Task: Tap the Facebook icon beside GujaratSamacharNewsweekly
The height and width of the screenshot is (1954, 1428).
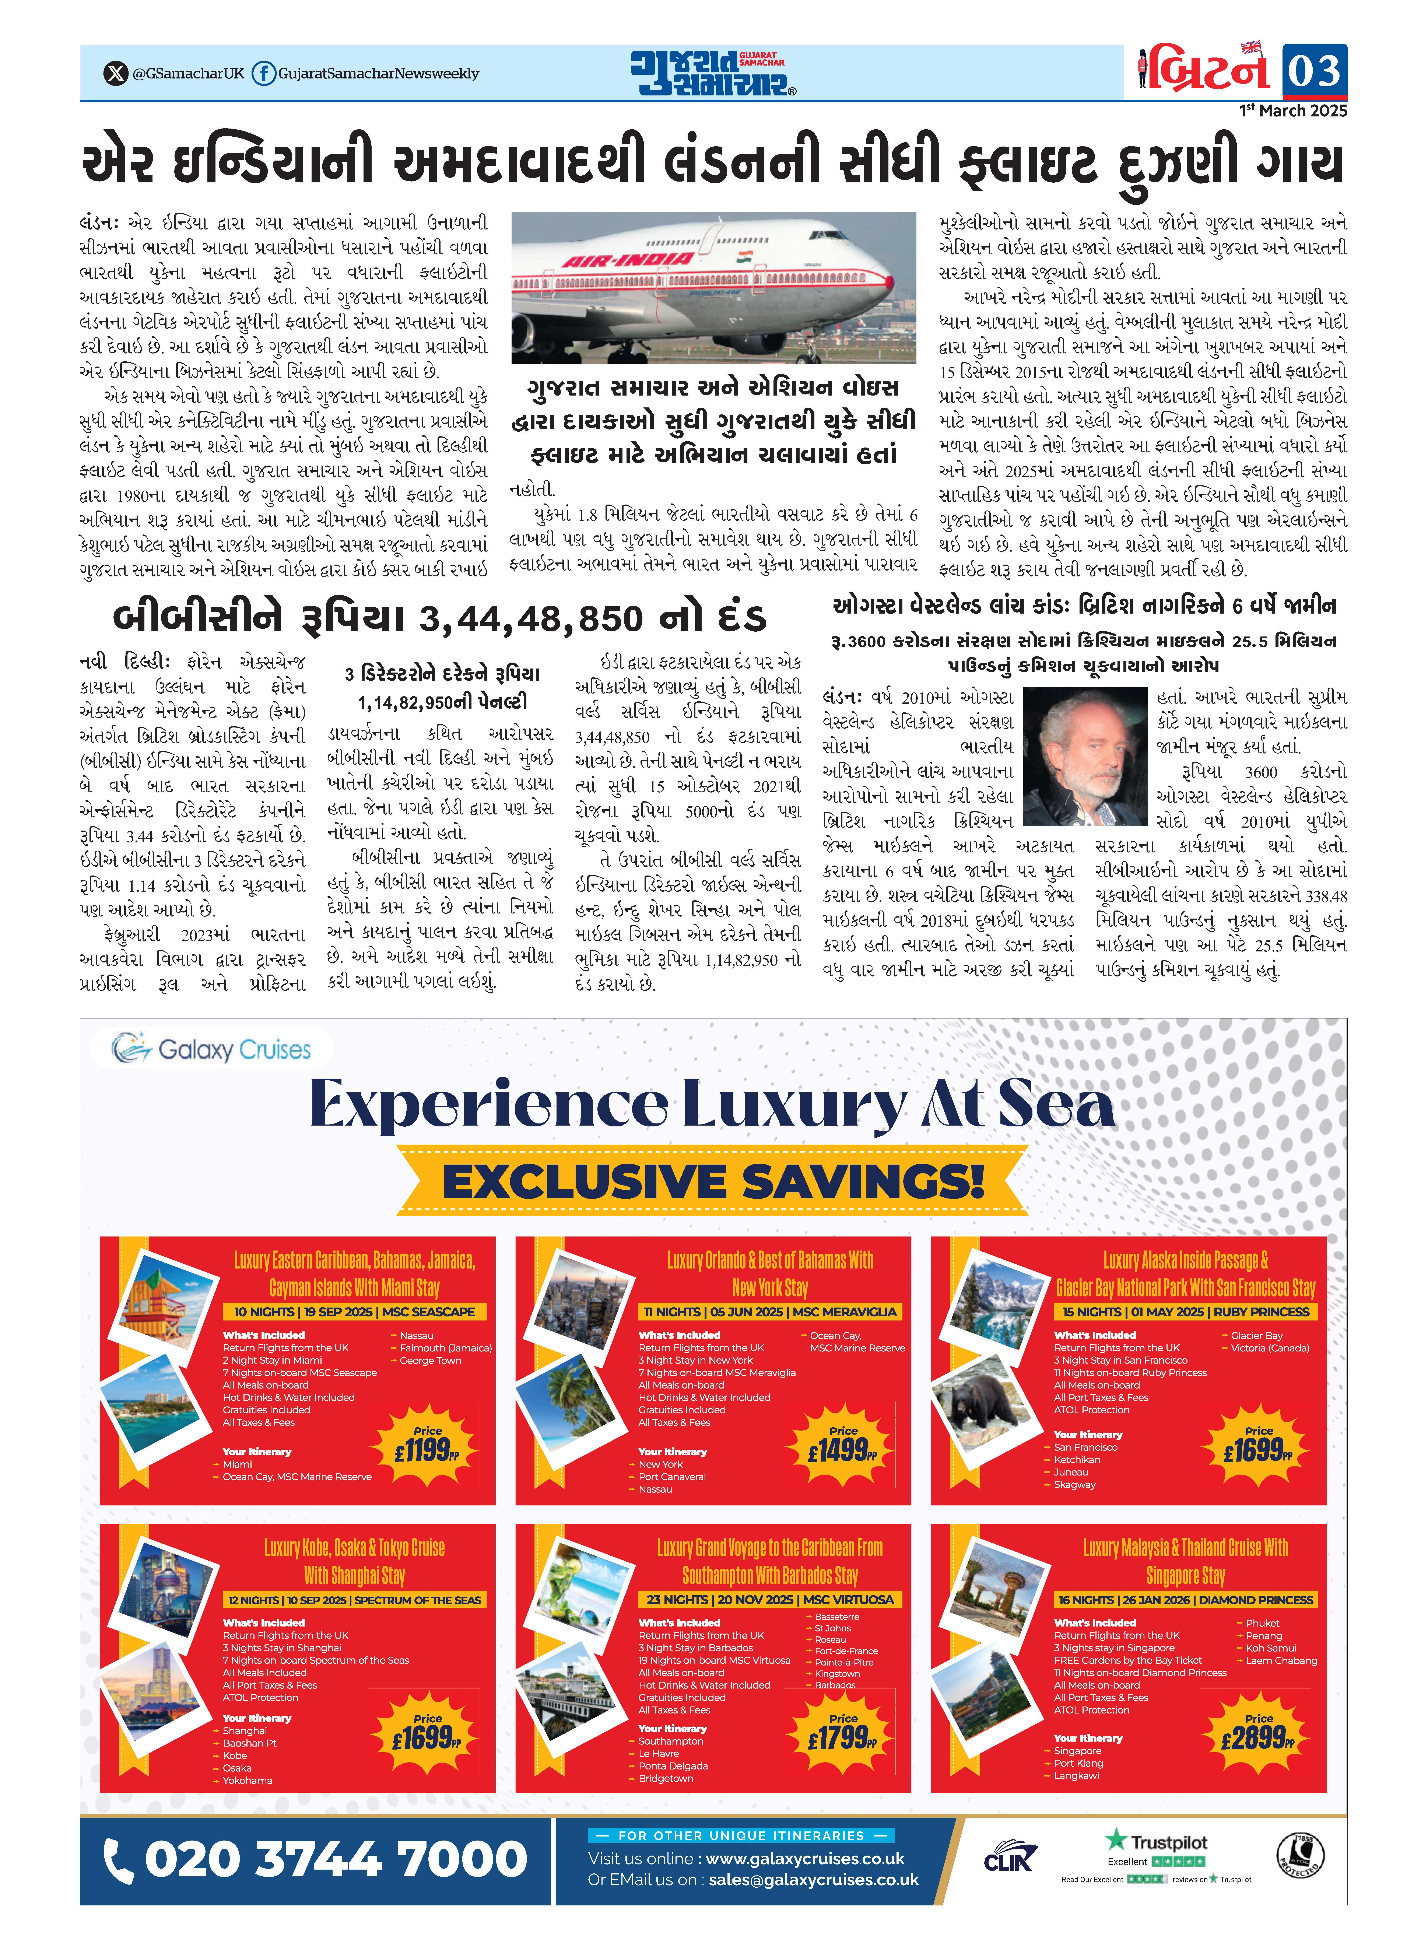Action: coord(264,73)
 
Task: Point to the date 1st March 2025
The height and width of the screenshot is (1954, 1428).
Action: coord(1293,111)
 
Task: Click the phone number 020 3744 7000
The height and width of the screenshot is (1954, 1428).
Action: coord(316,1860)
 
